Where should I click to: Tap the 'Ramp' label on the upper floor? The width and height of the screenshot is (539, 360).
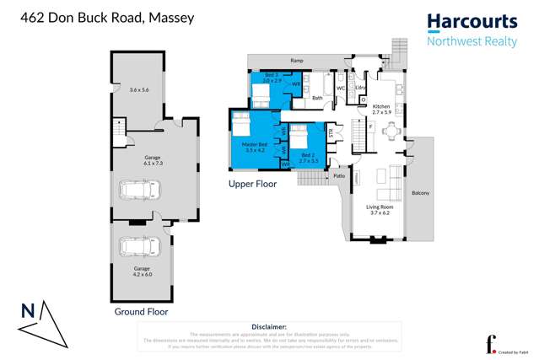coord(296,61)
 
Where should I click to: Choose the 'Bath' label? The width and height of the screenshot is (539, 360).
coord(317,98)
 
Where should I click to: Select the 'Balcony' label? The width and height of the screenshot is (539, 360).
coord(420,193)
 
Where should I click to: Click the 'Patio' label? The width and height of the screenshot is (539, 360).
coord(340,176)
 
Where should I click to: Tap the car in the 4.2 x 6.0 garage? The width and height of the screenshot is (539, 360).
coord(135,247)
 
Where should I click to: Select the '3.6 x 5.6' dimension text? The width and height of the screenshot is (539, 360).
coord(140,89)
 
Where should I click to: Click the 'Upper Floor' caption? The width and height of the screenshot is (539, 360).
coord(252,182)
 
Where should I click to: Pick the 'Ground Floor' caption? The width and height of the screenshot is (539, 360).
coord(141,311)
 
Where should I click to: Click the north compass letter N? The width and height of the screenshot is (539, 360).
coord(28,310)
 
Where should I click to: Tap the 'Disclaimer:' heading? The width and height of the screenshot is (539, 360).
coord(269,325)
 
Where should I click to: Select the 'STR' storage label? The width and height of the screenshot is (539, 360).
coord(332,131)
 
